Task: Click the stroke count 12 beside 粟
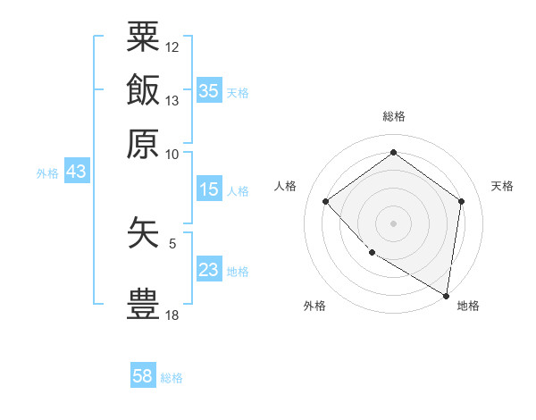pyautogui.click(x=172, y=46)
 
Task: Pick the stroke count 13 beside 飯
pyautogui.click(x=172, y=101)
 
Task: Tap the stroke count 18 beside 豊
pyautogui.click(x=172, y=315)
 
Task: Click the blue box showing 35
pyautogui.click(x=209, y=91)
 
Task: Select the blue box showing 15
pyautogui.click(x=209, y=189)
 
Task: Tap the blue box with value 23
pyautogui.click(x=209, y=270)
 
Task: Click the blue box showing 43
pyautogui.click(x=76, y=172)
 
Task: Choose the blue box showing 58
pyautogui.click(x=143, y=376)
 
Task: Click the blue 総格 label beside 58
pyautogui.click(x=172, y=378)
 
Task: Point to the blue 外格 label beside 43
pyautogui.click(x=47, y=173)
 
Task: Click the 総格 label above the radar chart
pyautogui.click(x=393, y=116)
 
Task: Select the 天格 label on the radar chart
pyautogui.click(x=502, y=186)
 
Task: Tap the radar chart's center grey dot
pyautogui.click(x=393, y=223)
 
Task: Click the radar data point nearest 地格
pyautogui.click(x=446, y=295)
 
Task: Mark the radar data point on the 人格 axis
pyautogui.click(x=326, y=201)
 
